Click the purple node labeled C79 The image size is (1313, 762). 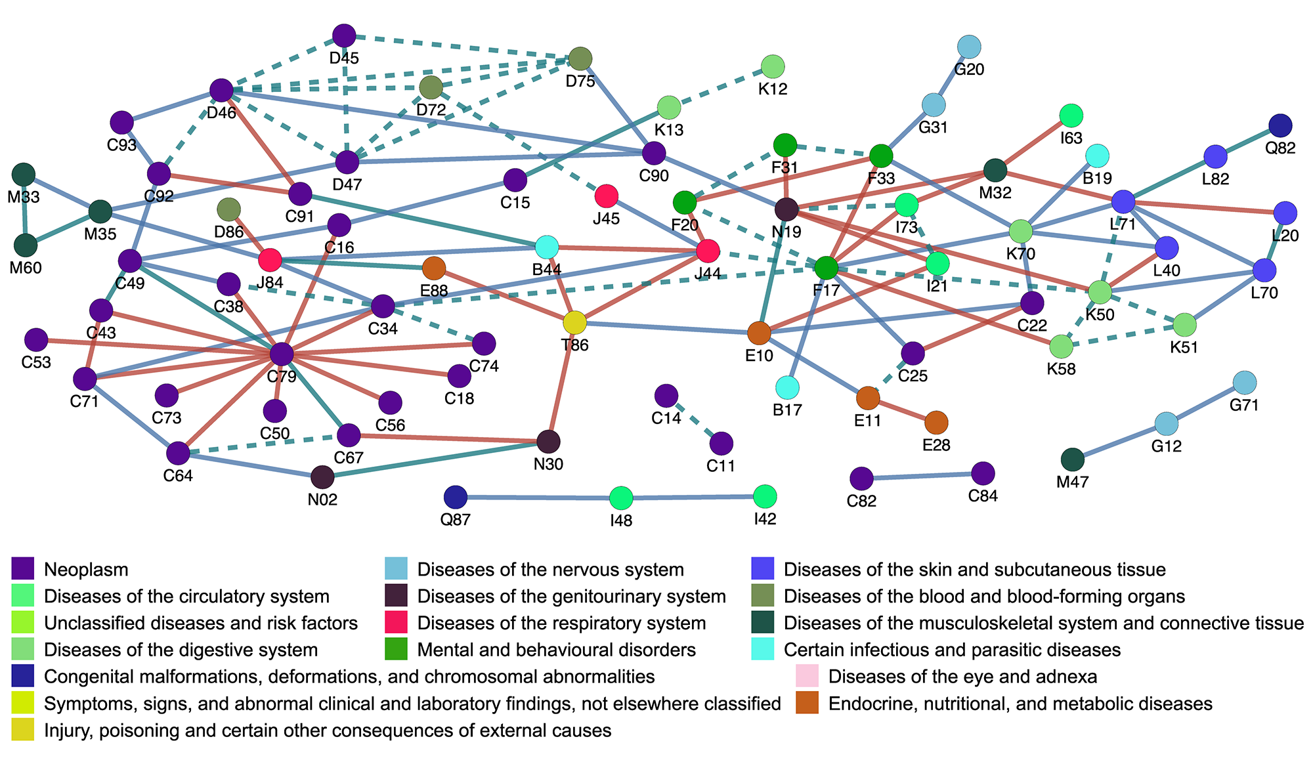coord(282,354)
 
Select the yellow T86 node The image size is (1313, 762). coord(575,322)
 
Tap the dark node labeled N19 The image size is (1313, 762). coord(786,210)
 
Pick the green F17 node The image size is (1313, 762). coord(827,267)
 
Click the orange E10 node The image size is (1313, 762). coord(759,333)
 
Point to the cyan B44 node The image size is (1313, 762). coord(547,247)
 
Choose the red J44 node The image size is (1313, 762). coord(708,251)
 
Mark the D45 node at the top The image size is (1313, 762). coord(344,36)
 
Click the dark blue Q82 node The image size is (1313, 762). coord(1280,125)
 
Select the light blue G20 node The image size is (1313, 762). coord(969,47)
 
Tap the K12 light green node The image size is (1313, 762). coord(773,66)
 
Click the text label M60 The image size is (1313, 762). coord(26,268)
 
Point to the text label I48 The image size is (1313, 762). coord(621,521)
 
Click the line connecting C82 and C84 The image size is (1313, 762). coord(922,476)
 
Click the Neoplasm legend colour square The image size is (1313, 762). coord(23,569)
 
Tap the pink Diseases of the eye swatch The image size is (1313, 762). coord(807,676)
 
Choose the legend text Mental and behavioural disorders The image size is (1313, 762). coord(556,650)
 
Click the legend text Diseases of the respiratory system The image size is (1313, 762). coord(561,623)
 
